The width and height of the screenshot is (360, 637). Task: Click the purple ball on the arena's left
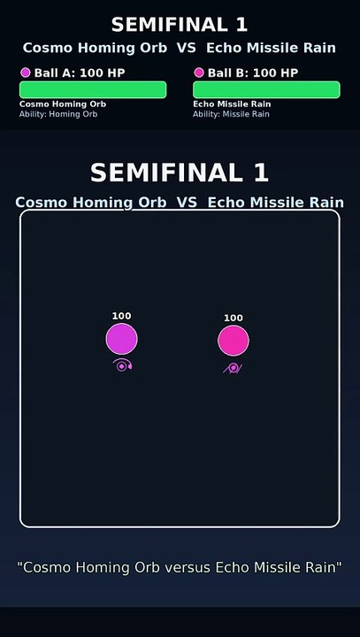[x=122, y=339]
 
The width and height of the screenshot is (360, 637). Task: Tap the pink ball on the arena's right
[x=234, y=341]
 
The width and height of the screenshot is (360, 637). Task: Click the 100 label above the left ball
[x=122, y=316]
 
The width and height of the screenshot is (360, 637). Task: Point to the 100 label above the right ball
[x=234, y=318]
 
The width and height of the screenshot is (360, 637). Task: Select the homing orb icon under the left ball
[x=123, y=365]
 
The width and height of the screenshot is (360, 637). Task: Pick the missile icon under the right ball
[x=233, y=367]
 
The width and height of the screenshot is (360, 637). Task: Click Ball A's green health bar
[x=93, y=89]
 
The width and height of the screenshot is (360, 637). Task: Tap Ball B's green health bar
[x=266, y=89]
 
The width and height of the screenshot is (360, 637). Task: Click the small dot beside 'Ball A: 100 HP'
[x=25, y=73]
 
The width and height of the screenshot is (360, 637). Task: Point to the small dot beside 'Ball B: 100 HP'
[x=199, y=73]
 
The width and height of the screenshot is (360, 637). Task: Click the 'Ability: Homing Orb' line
[x=58, y=114]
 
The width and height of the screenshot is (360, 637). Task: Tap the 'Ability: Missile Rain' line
[x=231, y=114]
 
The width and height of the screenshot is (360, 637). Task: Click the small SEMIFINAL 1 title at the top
[x=180, y=24]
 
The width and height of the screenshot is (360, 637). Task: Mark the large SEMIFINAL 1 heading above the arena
[x=180, y=172]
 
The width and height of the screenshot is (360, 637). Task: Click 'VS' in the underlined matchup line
[x=187, y=203]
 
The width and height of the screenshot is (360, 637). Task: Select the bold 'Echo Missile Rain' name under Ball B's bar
[x=232, y=104]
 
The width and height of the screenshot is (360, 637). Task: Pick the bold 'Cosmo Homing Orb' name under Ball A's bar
[x=63, y=104]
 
